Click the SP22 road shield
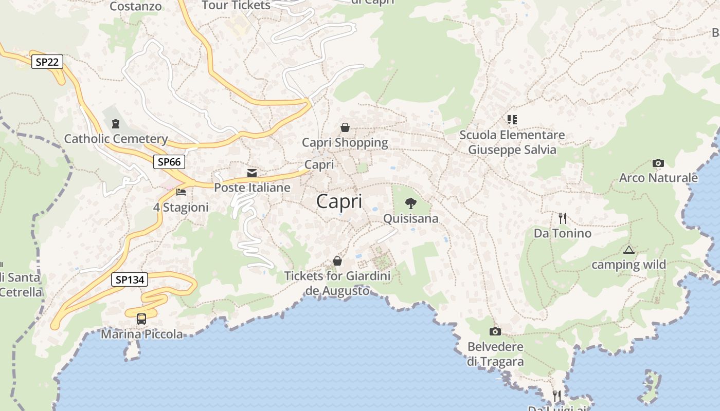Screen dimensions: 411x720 click(x=47, y=62)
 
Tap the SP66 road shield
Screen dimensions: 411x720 click(x=169, y=162)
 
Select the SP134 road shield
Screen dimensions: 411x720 click(x=130, y=279)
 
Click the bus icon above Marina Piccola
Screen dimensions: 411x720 click(x=141, y=319)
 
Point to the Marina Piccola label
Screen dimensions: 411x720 click(x=141, y=334)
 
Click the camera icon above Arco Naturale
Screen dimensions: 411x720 click(x=658, y=163)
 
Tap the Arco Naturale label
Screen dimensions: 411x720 click(x=658, y=178)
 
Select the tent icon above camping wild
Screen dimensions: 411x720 click(x=628, y=250)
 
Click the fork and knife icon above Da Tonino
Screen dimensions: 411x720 click(x=563, y=218)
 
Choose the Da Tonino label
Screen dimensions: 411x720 click(x=563, y=233)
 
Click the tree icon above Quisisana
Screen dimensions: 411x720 click(x=410, y=203)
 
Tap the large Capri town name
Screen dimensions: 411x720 click(x=339, y=201)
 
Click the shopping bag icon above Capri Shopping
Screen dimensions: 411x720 click(x=345, y=127)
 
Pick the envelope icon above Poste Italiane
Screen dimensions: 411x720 click(x=252, y=173)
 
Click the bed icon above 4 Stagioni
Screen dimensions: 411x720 click(x=181, y=192)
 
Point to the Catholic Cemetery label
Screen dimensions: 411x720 click(x=116, y=139)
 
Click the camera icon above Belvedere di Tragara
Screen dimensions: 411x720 click(x=495, y=331)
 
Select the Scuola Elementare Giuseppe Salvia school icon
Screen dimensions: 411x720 click(x=512, y=120)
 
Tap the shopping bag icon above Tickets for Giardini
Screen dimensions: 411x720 click(x=337, y=261)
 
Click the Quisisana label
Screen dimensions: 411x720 click(x=411, y=218)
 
